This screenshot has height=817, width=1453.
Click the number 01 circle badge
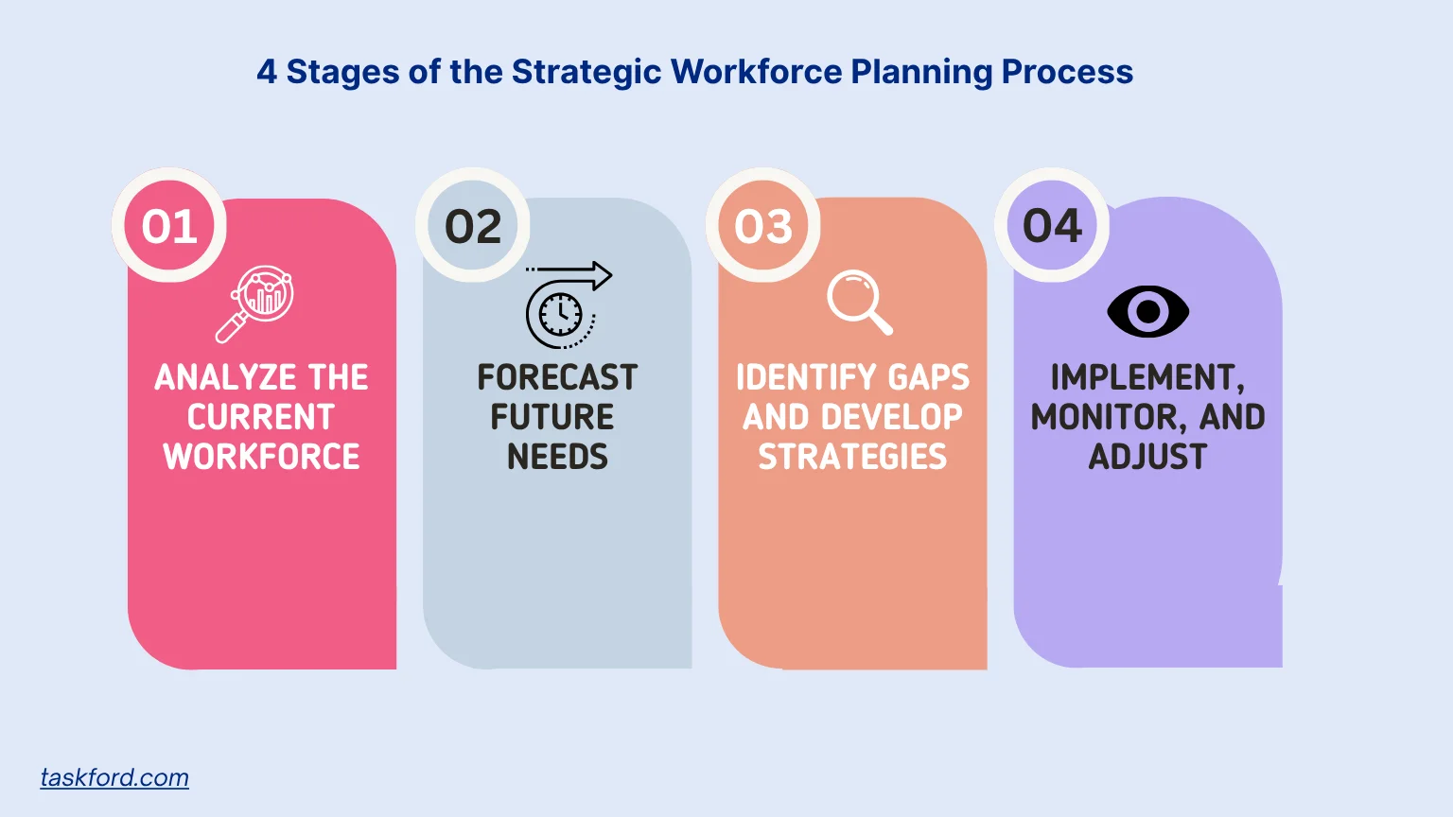pyautogui.click(x=169, y=226)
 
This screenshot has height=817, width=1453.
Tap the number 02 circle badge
pyautogui.click(x=473, y=226)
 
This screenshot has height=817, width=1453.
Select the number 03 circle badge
pyautogui.click(x=763, y=226)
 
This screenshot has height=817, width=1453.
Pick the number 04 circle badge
pyautogui.click(x=1052, y=226)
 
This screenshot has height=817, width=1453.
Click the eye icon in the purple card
pyautogui.click(x=1147, y=311)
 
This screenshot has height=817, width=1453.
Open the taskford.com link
pyautogui.click(x=114, y=777)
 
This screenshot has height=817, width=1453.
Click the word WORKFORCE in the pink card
pyautogui.click(x=261, y=457)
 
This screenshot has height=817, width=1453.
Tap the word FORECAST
pyautogui.click(x=557, y=377)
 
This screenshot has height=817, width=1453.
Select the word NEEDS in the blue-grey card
pyautogui.click(x=557, y=457)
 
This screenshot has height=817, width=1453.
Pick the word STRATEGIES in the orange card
pyautogui.click(x=852, y=457)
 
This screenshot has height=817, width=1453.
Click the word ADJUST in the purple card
pyautogui.click(x=1147, y=457)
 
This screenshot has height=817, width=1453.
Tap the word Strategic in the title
pyautogui.click(x=586, y=72)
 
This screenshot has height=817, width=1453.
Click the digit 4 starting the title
pyautogui.click(x=267, y=72)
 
